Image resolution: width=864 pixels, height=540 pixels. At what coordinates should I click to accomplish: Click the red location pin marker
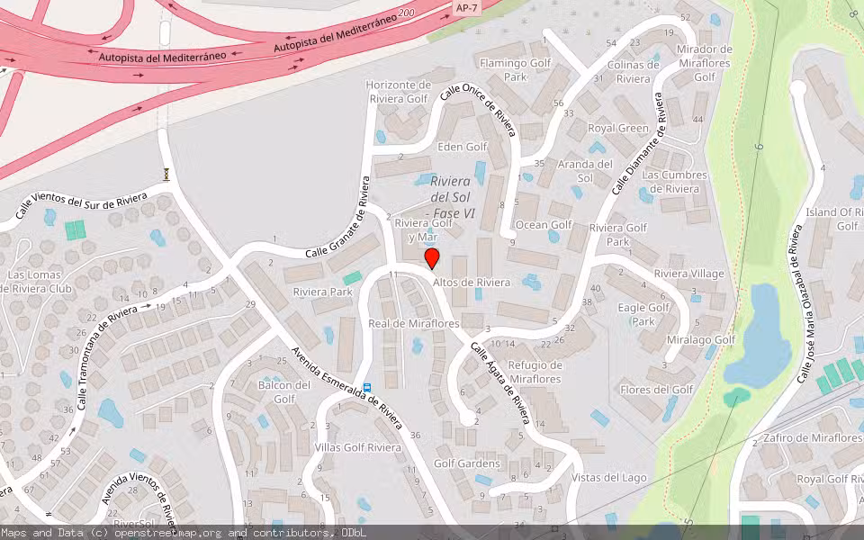pyautogui.click(x=432, y=259)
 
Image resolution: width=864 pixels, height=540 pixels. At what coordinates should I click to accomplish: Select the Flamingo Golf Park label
pyautogui.click(x=515, y=70)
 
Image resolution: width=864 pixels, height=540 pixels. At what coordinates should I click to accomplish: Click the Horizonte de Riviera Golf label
pyautogui.click(x=398, y=92)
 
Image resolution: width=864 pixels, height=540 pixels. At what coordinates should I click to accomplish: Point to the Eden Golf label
pyautogui.click(x=462, y=147)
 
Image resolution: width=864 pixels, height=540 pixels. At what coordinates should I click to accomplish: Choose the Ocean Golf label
pyautogui.click(x=544, y=225)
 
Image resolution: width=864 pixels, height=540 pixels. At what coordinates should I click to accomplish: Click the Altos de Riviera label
pyautogui.click(x=472, y=283)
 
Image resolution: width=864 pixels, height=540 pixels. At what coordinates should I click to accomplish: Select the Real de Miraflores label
pyautogui.click(x=414, y=323)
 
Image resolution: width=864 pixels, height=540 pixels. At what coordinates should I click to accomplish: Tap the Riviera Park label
pyautogui.click(x=322, y=292)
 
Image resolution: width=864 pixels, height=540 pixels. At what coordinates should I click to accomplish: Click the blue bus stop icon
pyautogui.click(x=367, y=389)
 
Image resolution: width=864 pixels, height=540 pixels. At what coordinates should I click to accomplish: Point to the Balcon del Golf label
pyautogui.click(x=284, y=391)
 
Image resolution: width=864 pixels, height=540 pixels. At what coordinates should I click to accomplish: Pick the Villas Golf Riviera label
pyautogui.click(x=358, y=447)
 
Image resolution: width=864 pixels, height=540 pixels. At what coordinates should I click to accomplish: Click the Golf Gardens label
pyautogui.click(x=467, y=463)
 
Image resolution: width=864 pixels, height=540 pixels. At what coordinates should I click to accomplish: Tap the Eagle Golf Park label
pyautogui.click(x=643, y=314)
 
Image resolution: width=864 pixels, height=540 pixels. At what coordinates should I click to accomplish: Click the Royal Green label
pyautogui.click(x=618, y=128)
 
